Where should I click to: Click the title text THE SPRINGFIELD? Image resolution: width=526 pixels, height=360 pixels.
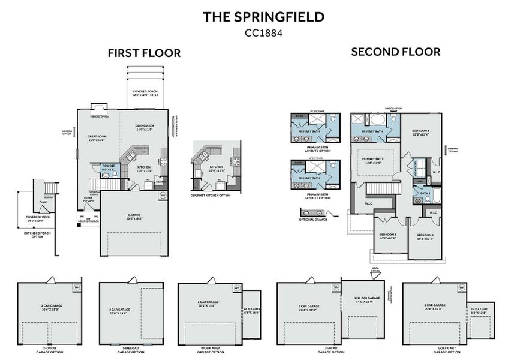click(x=263, y=17)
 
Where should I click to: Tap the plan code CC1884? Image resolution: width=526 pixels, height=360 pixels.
click(x=263, y=33)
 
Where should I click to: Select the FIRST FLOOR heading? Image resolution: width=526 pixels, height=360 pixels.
click(x=144, y=53)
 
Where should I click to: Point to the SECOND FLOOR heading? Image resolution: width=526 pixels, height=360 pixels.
click(x=395, y=52)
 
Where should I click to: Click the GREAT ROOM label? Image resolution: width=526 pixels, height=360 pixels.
click(x=97, y=136)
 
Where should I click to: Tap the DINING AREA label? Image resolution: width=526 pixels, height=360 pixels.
click(x=145, y=125)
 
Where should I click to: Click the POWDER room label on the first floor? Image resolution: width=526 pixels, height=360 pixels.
click(x=109, y=166)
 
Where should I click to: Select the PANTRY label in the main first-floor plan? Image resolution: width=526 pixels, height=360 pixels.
click(x=160, y=181)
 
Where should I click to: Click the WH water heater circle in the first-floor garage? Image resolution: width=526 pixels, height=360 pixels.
click(x=163, y=196)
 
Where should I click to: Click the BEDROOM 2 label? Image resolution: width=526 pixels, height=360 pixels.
click(x=387, y=235)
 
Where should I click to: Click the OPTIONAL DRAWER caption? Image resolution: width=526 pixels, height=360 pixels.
click(x=312, y=220)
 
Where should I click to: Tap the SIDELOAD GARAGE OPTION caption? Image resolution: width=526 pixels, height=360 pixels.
click(x=130, y=350)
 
